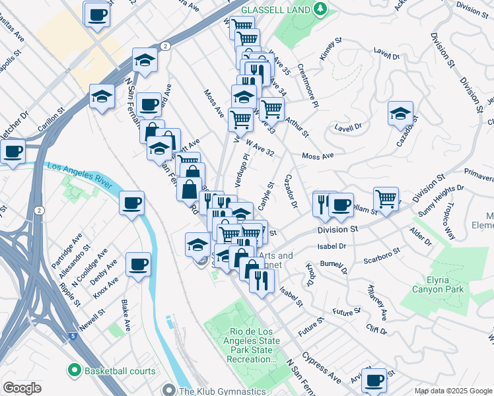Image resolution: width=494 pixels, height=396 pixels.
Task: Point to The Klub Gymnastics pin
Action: pyautogui.click(x=170, y=391)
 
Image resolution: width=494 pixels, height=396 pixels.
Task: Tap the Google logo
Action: pyautogui.click(x=22, y=388)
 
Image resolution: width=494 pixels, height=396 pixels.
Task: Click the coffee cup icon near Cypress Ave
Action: pyautogui.click(x=374, y=380)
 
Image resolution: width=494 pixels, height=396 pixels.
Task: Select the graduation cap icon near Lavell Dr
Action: pyautogui.click(x=400, y=113)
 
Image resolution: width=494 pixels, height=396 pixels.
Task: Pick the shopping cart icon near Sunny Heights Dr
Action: pyautogui.click(x=386, y=198)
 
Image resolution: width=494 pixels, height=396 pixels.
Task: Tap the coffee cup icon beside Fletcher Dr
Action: pyautogui.click(x=13, y=150)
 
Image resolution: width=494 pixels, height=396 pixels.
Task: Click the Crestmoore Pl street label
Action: pyautogui.click(x=308, y=86)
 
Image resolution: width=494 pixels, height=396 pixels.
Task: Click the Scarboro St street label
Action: pyautogui.click(x=384, y=251)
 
